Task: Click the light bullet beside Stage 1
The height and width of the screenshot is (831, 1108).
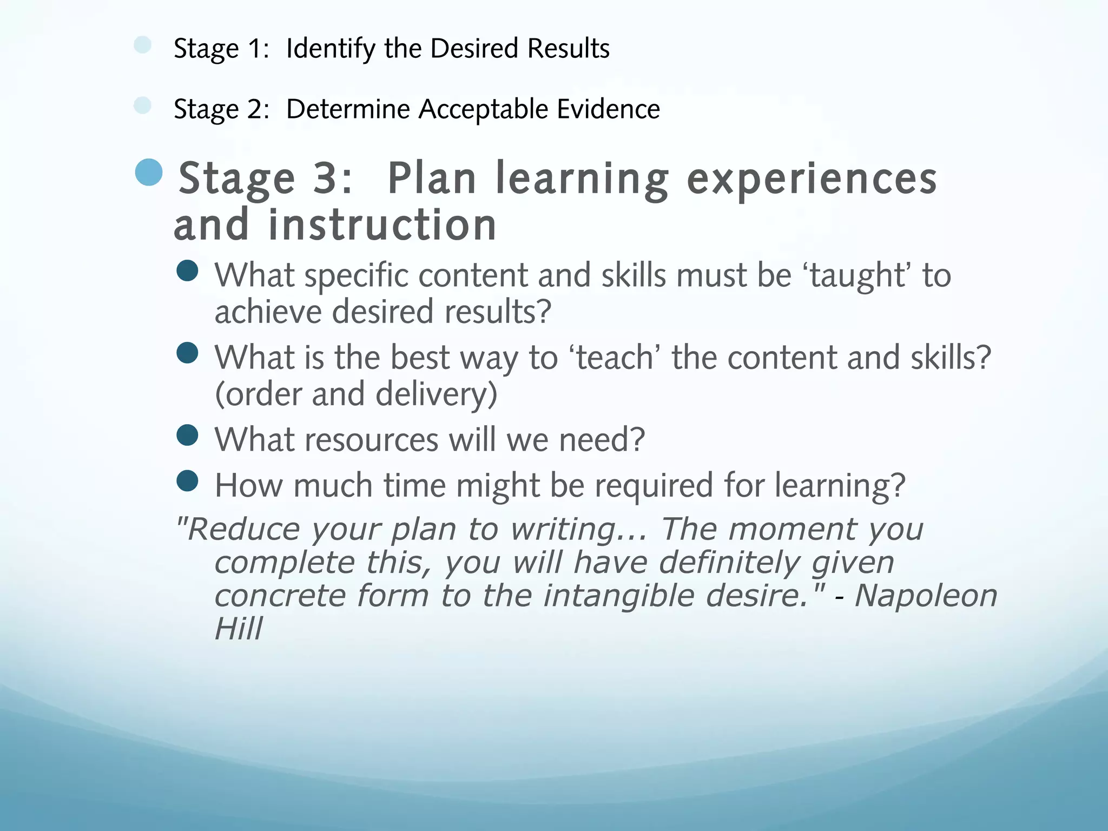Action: click(142, 45)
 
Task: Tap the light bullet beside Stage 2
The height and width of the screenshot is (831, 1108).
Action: click(142, 105)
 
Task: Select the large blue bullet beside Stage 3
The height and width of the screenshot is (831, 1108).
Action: click(149, 173)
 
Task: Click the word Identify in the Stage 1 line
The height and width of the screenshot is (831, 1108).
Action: click(330, 49)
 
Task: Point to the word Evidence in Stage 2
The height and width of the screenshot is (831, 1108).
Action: click(608, 109)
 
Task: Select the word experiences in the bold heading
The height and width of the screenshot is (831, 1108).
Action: click(812, 179)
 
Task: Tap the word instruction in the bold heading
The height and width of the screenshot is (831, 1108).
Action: click(382, 225)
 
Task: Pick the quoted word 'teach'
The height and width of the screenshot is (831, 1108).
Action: click(615, 358)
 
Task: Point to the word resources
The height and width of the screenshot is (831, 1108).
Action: click(372, 439)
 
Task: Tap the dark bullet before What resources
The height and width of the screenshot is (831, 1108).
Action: click(188, 435)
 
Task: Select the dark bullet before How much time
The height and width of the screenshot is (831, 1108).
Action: click(188, 481)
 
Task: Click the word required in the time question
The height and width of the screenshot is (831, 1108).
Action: click(654, 485)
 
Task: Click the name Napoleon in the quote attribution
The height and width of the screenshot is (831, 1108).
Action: click(926, 596)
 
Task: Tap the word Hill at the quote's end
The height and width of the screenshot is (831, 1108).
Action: click(239, 629)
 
